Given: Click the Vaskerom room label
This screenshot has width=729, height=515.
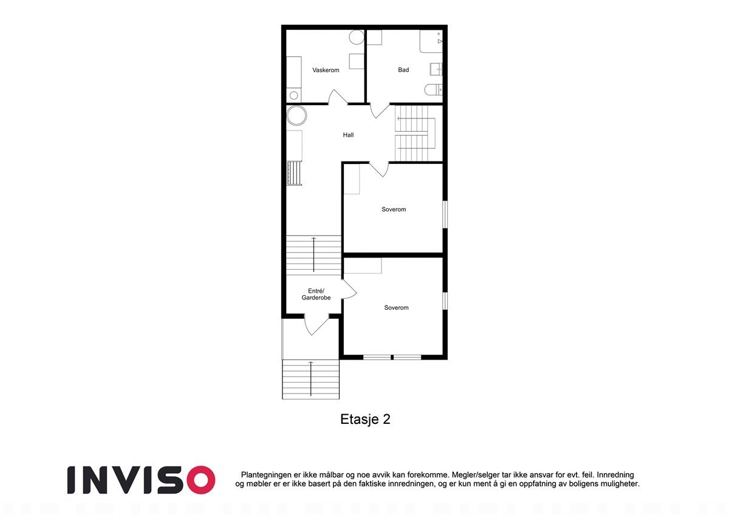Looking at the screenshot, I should click(326, 70).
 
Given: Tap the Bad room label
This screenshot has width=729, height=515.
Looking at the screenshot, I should click(403, 70).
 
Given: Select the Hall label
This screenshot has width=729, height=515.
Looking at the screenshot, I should click(348, 135).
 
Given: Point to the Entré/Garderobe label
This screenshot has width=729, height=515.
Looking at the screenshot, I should click(316, 295).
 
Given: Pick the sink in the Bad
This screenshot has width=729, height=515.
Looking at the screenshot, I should click(436, 69).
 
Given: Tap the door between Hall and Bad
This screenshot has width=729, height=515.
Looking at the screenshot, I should click(380, 110).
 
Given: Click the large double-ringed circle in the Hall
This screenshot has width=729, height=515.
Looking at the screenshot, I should click(297, 115).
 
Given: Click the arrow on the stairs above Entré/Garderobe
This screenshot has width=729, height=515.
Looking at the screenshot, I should click(314, 254).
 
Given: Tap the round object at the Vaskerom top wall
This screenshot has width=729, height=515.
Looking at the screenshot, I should click(357, 37).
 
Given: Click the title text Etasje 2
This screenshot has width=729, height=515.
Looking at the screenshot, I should click(364, 420).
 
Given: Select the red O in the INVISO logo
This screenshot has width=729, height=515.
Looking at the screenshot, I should click(198, 480).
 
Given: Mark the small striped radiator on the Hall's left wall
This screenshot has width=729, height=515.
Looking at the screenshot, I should click(295, 173).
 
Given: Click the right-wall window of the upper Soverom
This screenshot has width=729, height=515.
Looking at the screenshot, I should click(445, 214).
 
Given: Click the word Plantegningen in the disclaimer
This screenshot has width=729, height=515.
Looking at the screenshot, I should click(268, 474).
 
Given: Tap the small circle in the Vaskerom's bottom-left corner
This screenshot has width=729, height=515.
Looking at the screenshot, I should click(294, 95).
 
